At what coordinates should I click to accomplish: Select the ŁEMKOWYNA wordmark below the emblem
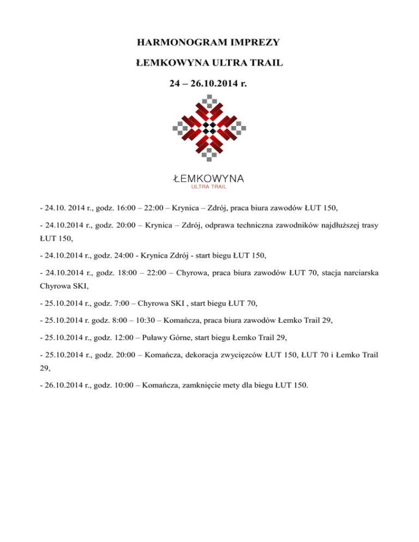click(x=209, y=178)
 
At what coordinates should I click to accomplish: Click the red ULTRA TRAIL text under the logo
click(x=209, y=187)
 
